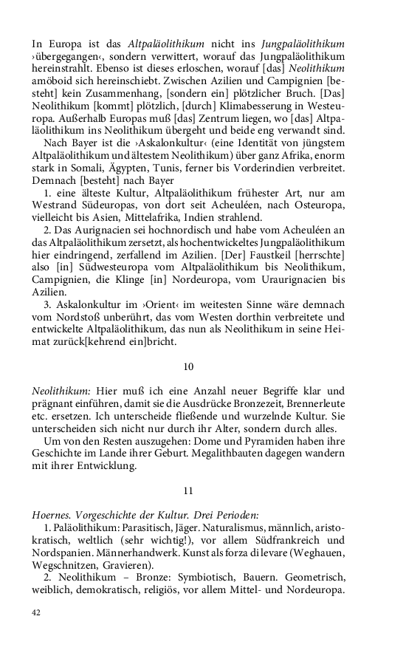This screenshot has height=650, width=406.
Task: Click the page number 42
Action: coord(36,612)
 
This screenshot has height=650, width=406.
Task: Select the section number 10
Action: coord(187,366)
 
